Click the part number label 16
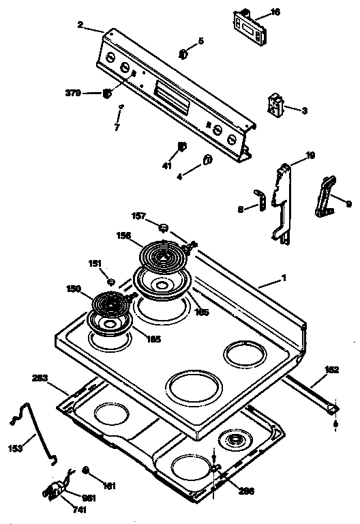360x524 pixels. pyautogui.click(x=275, y=12)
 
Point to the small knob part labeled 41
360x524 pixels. pyautogui.click(x=181, y=147)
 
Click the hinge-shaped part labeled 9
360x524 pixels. pyautogui.click(x=325, y=196)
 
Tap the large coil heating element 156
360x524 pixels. pyautogui.click(x=164, y=257)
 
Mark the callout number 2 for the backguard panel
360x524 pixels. pyautogui.click(x=80, y=25)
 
